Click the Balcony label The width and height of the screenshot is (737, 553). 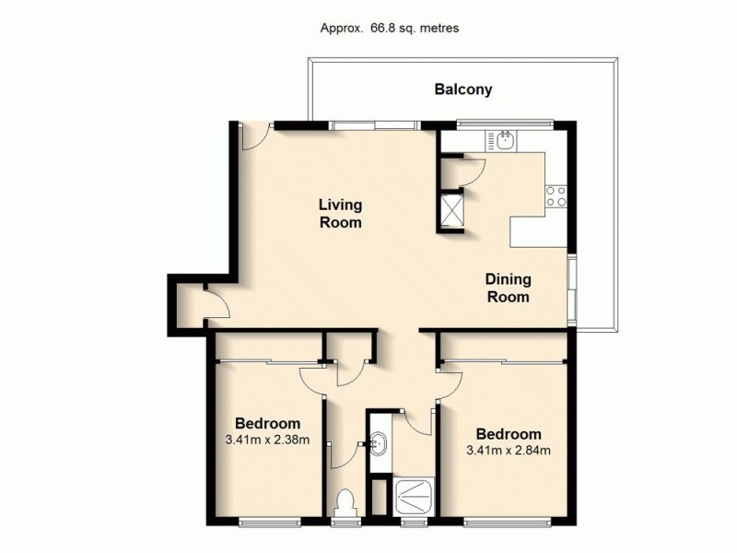(463, 89)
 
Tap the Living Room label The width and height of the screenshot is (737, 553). (340, 213)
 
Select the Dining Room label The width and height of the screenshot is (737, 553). (508, 288)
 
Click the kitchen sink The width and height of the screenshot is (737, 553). (505, 140)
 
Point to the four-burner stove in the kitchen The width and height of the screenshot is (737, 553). (556, 195)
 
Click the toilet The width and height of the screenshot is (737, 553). (345, 503)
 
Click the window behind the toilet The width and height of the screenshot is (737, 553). (345, 524)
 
